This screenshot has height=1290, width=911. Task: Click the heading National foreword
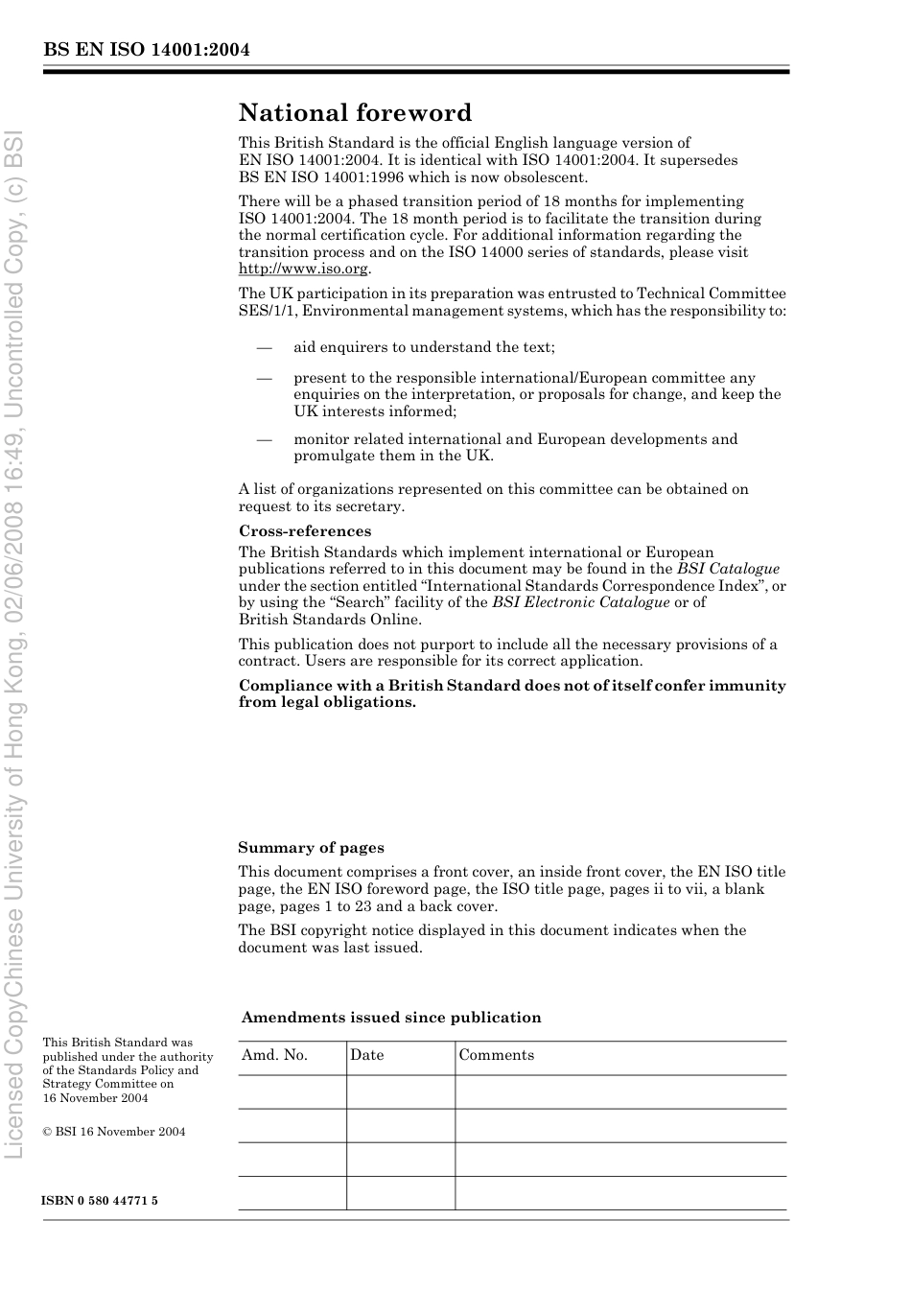[x=355, y=113]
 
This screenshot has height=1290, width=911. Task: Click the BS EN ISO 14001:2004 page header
[x=147, y=50]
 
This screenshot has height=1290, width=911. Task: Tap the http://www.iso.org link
[x=303, y=270]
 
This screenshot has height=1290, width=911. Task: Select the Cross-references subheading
[x=305, y=531]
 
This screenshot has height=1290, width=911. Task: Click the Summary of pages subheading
[x=311, y=848]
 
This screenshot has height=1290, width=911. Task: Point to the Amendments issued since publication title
[x=391, y=1018]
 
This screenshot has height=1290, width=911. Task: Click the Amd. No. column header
[x=274, y=1055]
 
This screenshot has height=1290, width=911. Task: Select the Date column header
[x=366, y=1055]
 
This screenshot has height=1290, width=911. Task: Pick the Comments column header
[x=496, y=1055]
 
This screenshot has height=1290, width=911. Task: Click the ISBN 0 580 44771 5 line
[x=101, y=1201]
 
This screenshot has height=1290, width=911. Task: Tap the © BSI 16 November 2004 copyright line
[x=114, y=1132]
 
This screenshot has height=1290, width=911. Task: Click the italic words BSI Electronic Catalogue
[x=580, y=602]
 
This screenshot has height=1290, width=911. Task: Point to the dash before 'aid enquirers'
[x=265, y=347]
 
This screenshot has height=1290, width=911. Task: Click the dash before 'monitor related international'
[x=265, y=439]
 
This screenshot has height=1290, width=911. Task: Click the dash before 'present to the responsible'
[x=265, y=378]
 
